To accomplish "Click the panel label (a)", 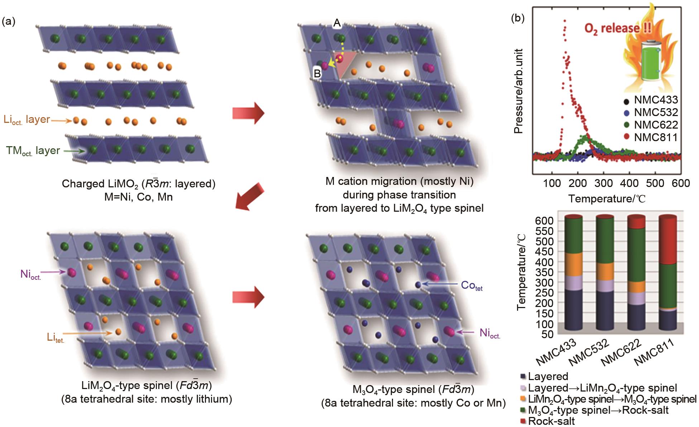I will click(x=9, y=22).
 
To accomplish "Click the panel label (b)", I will click(x=518, y=18).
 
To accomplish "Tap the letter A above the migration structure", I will click(x=337, y=23).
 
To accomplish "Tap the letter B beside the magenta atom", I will click(x=317, y=73).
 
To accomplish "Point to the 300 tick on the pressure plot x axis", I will click(x=603, y=183).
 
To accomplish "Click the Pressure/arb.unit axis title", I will click(x=519, y=91).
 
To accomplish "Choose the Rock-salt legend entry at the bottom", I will click(x=551, y=421).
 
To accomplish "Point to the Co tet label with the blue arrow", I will click(x=471, y=286).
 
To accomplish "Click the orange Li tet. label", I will click(x=56, y=337).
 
